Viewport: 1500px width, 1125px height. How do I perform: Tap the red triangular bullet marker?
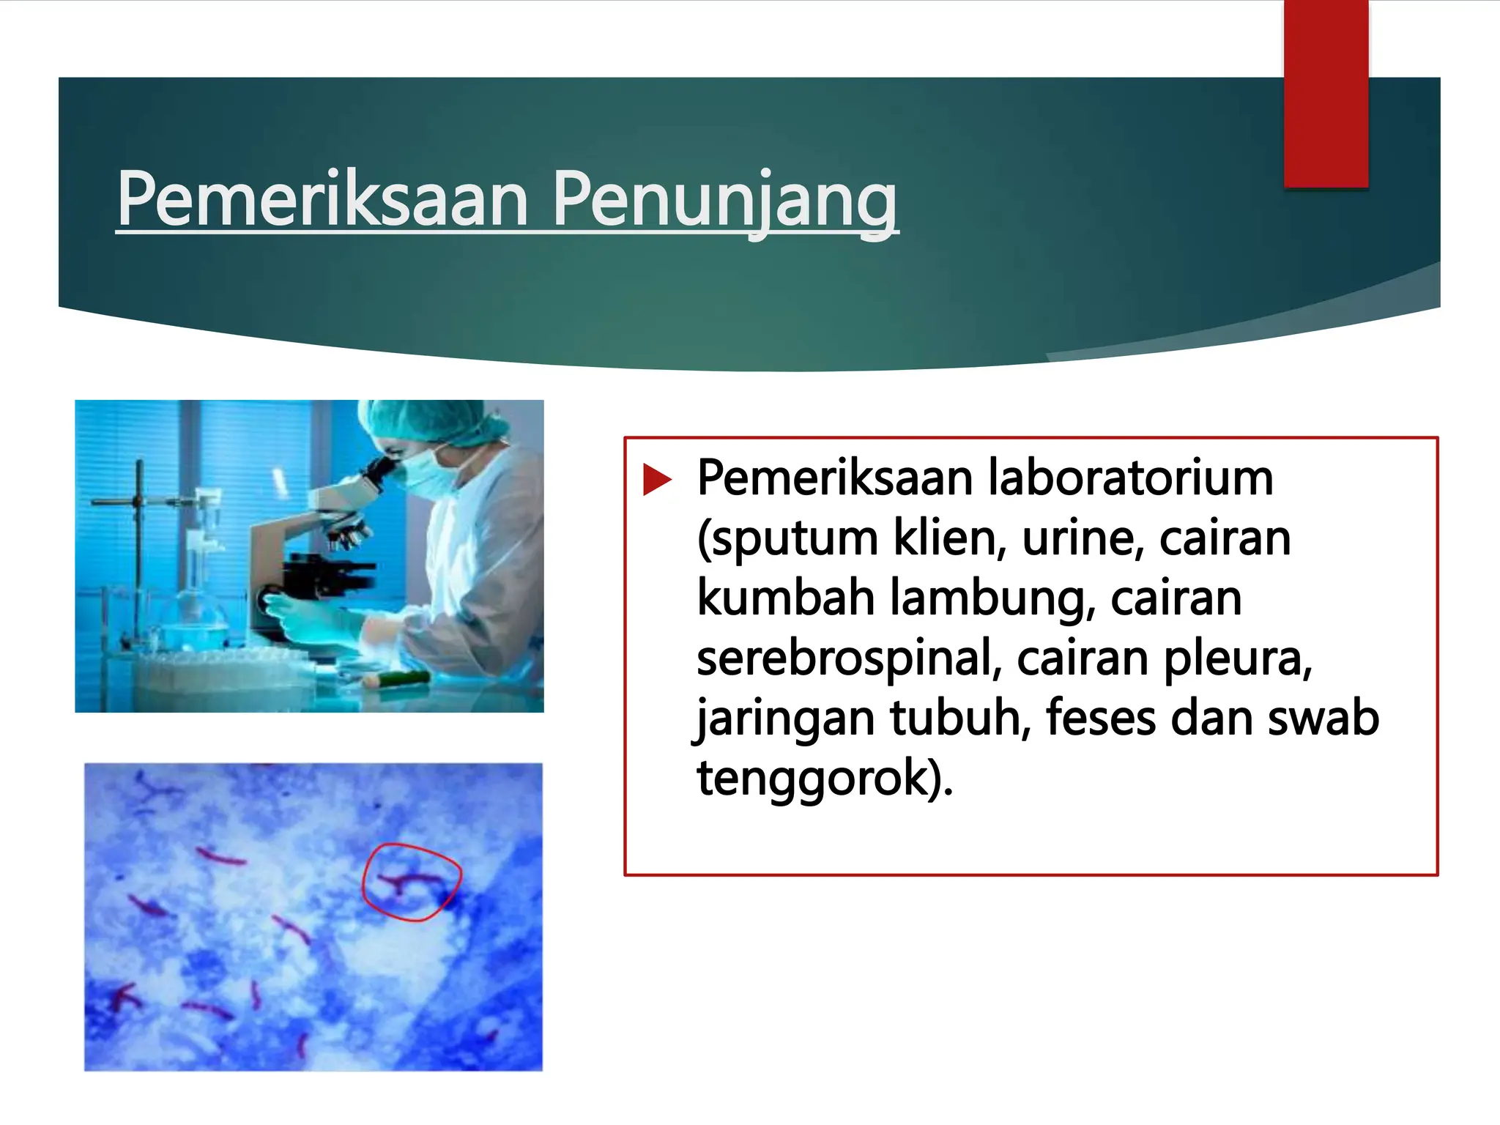tap(657, 480)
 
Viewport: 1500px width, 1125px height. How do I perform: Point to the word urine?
tap(1083, 538)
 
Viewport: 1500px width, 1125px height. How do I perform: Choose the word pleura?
tap(1237, 658)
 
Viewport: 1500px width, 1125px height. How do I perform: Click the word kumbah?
tap(785, 598)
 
